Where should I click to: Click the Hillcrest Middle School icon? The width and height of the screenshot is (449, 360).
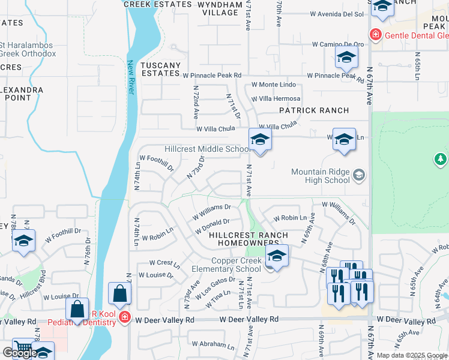pos(260,140)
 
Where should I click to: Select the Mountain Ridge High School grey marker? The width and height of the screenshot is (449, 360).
pos(359,175)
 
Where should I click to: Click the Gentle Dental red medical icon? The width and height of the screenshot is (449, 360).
pos(376,35)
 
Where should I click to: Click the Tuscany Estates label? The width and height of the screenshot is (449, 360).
pos(160,69)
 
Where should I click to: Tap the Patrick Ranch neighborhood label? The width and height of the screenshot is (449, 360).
pos(314,110)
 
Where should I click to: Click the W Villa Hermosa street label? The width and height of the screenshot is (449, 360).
pos(276,99)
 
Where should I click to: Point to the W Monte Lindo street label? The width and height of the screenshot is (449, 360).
pos(274,85)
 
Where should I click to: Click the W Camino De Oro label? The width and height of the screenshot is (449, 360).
pos(339,44)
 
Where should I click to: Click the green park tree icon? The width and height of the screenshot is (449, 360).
pos(441,159)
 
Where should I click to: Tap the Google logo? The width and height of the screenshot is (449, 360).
pos(20,353)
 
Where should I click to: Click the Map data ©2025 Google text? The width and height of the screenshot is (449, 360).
pos(412,355)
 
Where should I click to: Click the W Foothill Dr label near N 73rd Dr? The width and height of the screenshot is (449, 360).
pos(158,164)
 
